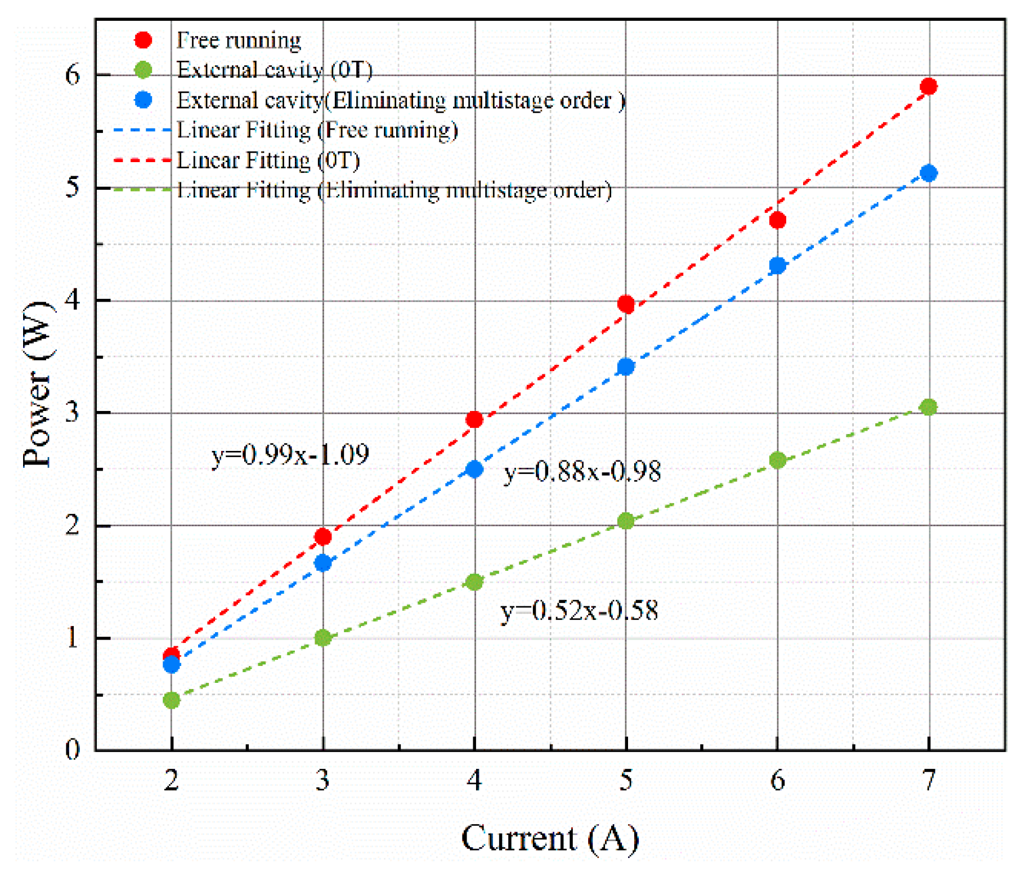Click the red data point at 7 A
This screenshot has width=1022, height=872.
(x=929, y=86)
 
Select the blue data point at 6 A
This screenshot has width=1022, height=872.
(x=777, y=265)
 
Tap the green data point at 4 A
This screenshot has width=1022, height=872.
(x=474, y=582)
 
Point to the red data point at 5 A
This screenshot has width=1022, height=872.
(x=626, y=304)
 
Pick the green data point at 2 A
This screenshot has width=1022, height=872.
(x=171, y=700)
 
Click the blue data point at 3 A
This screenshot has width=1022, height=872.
(x=322, y=562)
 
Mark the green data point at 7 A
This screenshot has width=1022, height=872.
(x=929, y=406)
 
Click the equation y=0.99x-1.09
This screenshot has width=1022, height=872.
(x=290, y=455)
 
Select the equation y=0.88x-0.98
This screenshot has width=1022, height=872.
(x=582, y=471)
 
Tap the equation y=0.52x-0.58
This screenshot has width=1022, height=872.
(x=579, y=610)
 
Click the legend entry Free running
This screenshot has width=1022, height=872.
(x=239, y=40)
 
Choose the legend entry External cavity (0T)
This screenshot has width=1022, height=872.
(x=275, y=70)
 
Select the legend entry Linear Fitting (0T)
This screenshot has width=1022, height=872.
(x=268, y=160)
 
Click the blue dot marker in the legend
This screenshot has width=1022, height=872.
(x=143, y=100)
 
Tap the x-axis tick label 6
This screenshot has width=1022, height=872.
(x=777, y=780)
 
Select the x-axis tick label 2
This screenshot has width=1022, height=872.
(x=171, y=780)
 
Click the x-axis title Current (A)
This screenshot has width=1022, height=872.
(x=550, y=838)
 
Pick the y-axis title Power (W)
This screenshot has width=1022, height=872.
(x=38, y=384)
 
